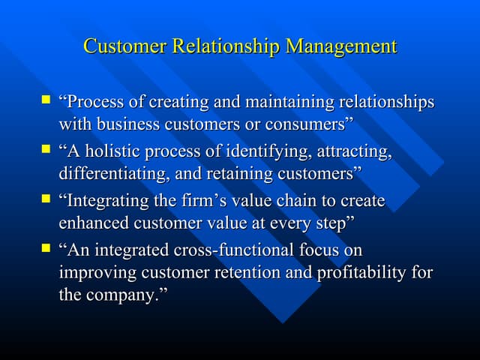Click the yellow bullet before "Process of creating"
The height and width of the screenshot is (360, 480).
(x=46, y=99)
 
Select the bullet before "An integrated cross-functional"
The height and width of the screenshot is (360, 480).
(x=46, y=247)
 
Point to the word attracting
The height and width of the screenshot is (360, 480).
(x=355, y=151)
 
